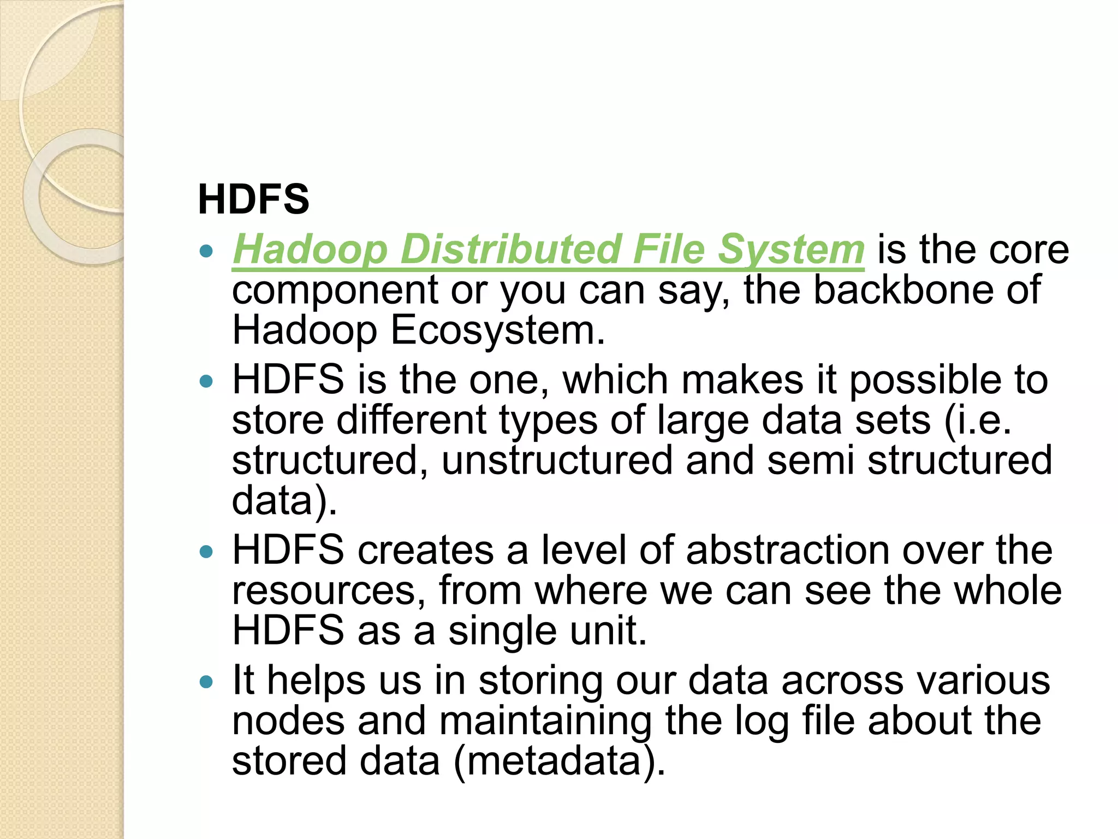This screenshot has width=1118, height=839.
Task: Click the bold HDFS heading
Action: (x=253, y=199)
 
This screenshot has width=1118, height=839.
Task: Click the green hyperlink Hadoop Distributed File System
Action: (x=548, y=250)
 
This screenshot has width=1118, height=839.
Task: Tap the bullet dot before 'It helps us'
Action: (x=206, y=682)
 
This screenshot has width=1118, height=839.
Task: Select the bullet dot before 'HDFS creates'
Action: (x=206, y=552)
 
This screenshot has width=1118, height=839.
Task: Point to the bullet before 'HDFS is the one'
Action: (x=206, y=381)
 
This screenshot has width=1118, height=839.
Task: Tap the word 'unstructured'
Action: (x=557, y=460)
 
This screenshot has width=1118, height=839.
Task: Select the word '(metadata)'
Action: (x=559, y=761)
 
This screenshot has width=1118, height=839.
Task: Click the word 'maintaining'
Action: (x=545, y=721)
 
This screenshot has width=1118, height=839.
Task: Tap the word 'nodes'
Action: (x=288, y=721)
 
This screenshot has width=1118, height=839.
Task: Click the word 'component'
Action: (x=335, y=291)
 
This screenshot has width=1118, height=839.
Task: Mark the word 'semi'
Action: (x=810, y=460)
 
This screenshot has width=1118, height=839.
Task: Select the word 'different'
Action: (x=411, y=420)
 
